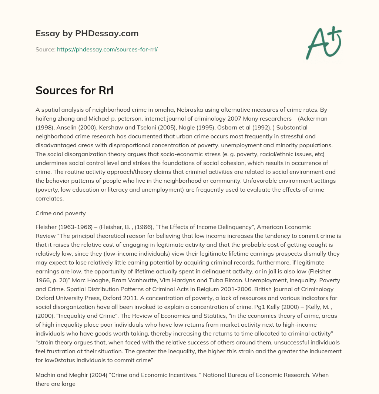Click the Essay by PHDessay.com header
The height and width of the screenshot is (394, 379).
pyautogui.click(x=87, y=34)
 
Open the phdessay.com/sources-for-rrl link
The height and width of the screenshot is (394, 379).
pyautogui.click(x=107, y=49)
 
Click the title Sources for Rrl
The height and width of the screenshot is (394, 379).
pyautogui.click(x=74, y=90)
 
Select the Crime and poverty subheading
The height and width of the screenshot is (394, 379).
pyautogui.click(x=60, y=213)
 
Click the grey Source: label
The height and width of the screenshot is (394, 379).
pyautogui.click(x=45, y=49)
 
